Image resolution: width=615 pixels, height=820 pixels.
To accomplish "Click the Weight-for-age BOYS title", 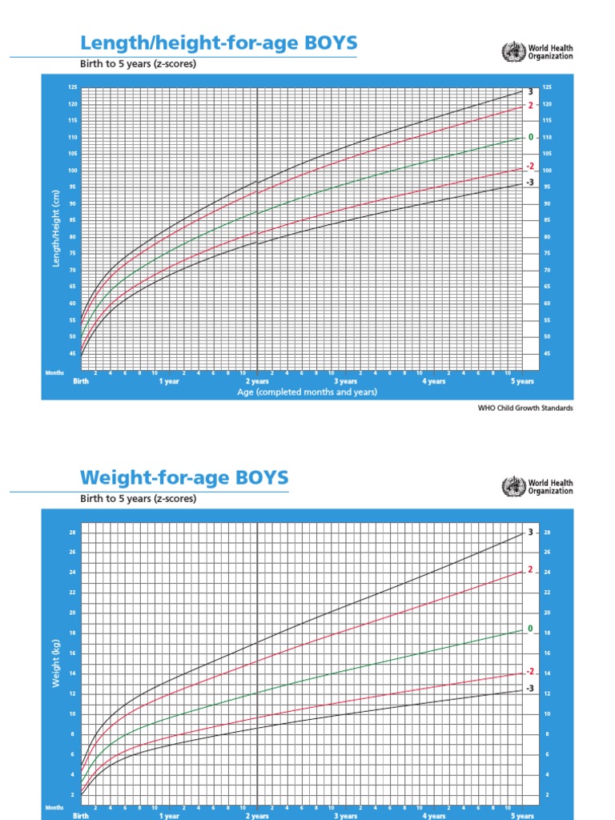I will [183, 478].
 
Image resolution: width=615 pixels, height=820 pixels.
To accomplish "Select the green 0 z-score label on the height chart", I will [530, 137].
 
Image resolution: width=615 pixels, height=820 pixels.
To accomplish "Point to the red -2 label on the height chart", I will [529, 167].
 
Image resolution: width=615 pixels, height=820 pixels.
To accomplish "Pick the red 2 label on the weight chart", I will [529, 569].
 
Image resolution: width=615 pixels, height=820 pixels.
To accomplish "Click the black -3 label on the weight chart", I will [529, 689].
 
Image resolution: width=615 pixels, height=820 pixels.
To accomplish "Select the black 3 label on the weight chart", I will [529, 533].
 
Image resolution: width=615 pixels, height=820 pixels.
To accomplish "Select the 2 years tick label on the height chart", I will [257, 382].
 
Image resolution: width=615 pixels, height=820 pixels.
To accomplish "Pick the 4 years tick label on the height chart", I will [434, 382].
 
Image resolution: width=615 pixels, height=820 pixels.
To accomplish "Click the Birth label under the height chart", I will [82, 382].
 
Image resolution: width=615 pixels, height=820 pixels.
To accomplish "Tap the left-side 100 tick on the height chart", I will [73, 171].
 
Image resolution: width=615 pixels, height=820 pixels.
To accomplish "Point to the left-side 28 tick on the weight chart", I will [72, 533].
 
